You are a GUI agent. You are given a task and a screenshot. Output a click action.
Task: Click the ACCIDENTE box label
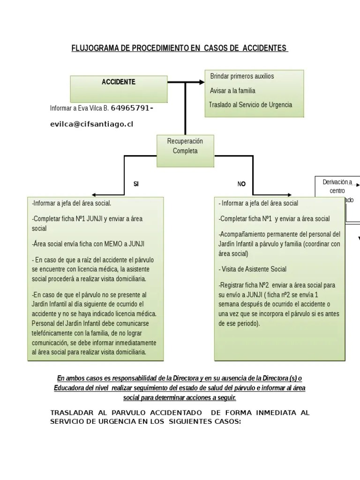pyautogui.click(x=119, y=82)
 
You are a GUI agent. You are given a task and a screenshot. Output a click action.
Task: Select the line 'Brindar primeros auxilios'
pyautogui.click(x=242, y=76)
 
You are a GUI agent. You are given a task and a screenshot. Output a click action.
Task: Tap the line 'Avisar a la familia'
pyautogui.click(x=233, y=90)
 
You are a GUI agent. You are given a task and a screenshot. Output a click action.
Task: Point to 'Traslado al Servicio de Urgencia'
pyautogui.click(x=251, y=105)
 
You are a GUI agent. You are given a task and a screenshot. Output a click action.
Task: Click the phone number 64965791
pyautogui.click(x=131, y=108)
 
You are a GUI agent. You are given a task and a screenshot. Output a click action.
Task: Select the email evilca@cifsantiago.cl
pyautogui.click(x=91, y=124)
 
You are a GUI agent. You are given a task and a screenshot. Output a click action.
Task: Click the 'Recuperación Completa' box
pyautogui.click(x=185, y=146)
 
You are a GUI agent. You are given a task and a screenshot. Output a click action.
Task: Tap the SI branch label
pyautogui.click(x=136, y=184)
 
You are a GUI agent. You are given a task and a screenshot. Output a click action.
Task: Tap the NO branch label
pyautogui.click(x=241, y=184)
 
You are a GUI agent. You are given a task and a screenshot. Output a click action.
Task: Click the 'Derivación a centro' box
pyautogui.click(x=337, y=187)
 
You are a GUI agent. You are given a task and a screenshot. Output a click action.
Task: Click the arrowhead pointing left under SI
pyautogui.click(x=94, y=194)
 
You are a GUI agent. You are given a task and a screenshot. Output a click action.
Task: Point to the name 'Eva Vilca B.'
pyautogui.click(x=93, y=108)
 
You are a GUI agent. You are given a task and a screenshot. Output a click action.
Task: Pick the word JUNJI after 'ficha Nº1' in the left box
pyautogui.click(x=97, y=218)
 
